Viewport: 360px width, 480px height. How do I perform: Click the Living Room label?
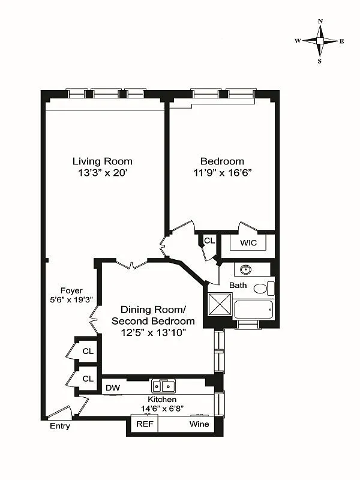(103, 161)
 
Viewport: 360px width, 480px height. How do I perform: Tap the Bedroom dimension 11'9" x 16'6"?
(222, 173)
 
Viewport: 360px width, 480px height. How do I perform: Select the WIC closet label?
(248, 243)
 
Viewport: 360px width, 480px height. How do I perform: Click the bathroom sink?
(245, 269)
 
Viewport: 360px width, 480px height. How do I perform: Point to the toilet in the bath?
(261, 289)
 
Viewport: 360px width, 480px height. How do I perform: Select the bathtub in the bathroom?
(253, 310)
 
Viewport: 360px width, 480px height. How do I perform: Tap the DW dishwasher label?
(113, 388)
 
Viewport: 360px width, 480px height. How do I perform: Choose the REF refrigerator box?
(145, 424)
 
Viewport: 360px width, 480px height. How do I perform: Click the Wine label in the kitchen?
(199, 424)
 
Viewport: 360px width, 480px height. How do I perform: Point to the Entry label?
(60, 426)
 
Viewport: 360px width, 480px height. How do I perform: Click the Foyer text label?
(71, 290)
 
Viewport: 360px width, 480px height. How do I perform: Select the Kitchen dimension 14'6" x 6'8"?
(161, 409)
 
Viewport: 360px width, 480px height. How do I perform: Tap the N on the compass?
(320, 22)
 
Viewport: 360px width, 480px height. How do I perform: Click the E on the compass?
(341, 41)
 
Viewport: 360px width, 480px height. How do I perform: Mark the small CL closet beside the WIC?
(209, 241)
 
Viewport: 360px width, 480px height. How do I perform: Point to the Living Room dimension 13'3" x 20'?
(103, 173)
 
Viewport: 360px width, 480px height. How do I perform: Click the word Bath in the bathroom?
(238, 285)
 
